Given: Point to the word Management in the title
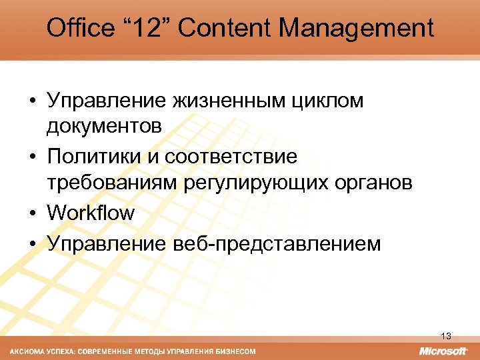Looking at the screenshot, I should tap(356, 28).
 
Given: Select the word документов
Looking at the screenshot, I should tap(104, 126).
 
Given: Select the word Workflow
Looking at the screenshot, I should tap(91, 213).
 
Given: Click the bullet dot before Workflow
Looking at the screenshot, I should tap(33, 214).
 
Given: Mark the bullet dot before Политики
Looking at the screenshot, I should tap(33, 158).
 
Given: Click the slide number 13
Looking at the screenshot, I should tap(446, 336).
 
